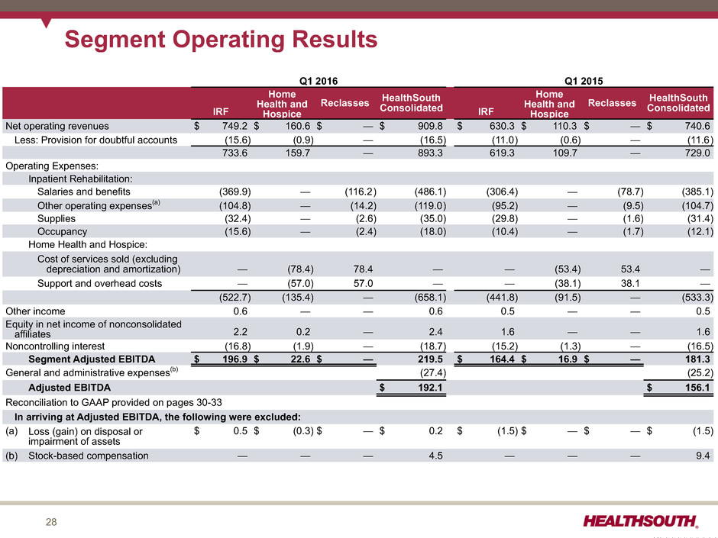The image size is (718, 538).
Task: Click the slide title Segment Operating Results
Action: click(221, 39)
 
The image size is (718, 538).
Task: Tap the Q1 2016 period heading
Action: click(319, 79)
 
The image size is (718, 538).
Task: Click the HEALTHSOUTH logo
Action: click(640, 521)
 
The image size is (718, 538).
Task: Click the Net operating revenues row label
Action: click(57, 126)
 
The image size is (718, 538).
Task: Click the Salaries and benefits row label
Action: click(83, 192)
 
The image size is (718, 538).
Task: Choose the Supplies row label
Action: click(58, 218)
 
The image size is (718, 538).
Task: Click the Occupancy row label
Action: click(62, 231)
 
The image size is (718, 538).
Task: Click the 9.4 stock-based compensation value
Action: click(704, 456)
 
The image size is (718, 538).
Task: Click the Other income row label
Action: click(35, 311)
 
